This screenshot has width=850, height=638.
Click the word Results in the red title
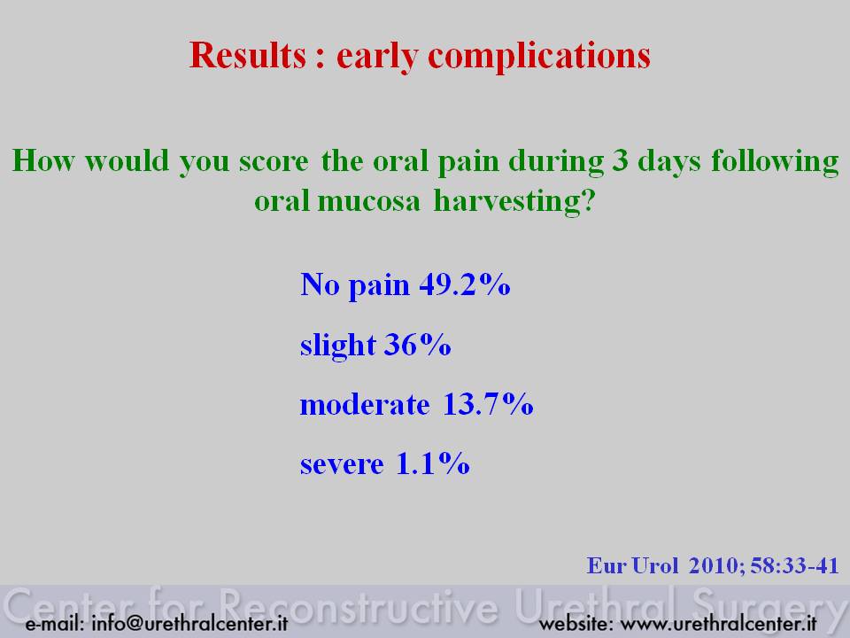[248, 55]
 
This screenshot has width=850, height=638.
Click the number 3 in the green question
[621, 160]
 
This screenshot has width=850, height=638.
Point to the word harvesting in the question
[514, 202]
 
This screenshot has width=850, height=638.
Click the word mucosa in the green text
[368, 202]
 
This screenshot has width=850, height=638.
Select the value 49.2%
[465, 284]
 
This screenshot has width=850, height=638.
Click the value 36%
[417, 344]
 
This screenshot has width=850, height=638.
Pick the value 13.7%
[488, 404]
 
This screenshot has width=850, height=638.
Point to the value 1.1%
[433, 463]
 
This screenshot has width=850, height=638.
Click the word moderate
[365, 405]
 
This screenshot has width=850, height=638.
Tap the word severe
[342, 465]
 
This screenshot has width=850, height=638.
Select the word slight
[337, 346]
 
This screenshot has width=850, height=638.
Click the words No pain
[354, 285]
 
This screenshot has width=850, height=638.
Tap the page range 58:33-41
[795, 566]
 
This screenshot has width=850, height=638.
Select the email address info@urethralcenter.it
[189, 623]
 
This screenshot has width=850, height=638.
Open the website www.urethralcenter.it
[718, 623]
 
